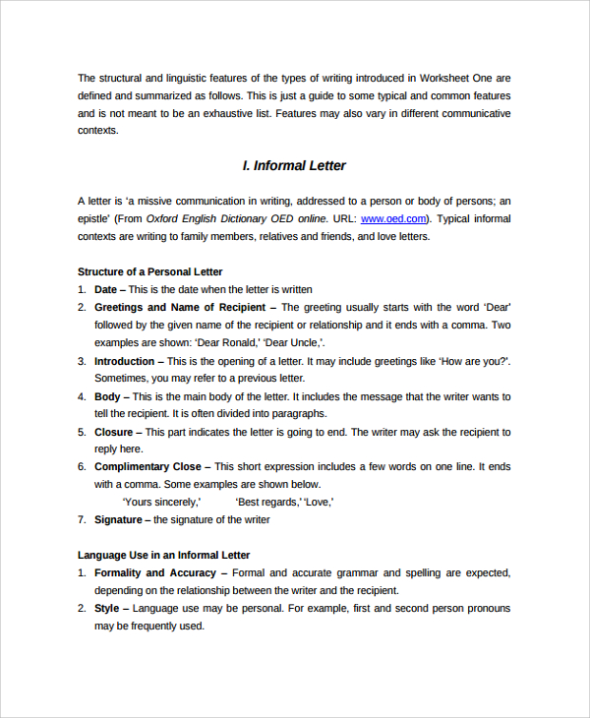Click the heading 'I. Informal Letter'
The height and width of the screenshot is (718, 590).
294,165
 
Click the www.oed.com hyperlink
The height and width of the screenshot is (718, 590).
393,218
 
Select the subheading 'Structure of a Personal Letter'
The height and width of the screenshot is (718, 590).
149,271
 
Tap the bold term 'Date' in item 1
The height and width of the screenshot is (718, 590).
105,289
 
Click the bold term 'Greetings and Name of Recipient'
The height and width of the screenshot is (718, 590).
180,307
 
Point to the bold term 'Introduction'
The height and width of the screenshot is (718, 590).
124,361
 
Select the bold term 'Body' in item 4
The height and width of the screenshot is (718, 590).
106,396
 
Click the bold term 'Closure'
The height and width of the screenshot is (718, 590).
113,432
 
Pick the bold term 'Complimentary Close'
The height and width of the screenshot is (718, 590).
147,466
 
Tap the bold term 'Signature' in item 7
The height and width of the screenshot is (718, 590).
118,519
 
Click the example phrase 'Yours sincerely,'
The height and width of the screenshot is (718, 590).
161,502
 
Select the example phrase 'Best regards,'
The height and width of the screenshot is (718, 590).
266,502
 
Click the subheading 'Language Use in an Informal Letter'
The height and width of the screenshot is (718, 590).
163,555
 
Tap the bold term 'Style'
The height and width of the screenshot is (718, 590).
106,608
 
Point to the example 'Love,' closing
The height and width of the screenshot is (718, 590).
318,502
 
